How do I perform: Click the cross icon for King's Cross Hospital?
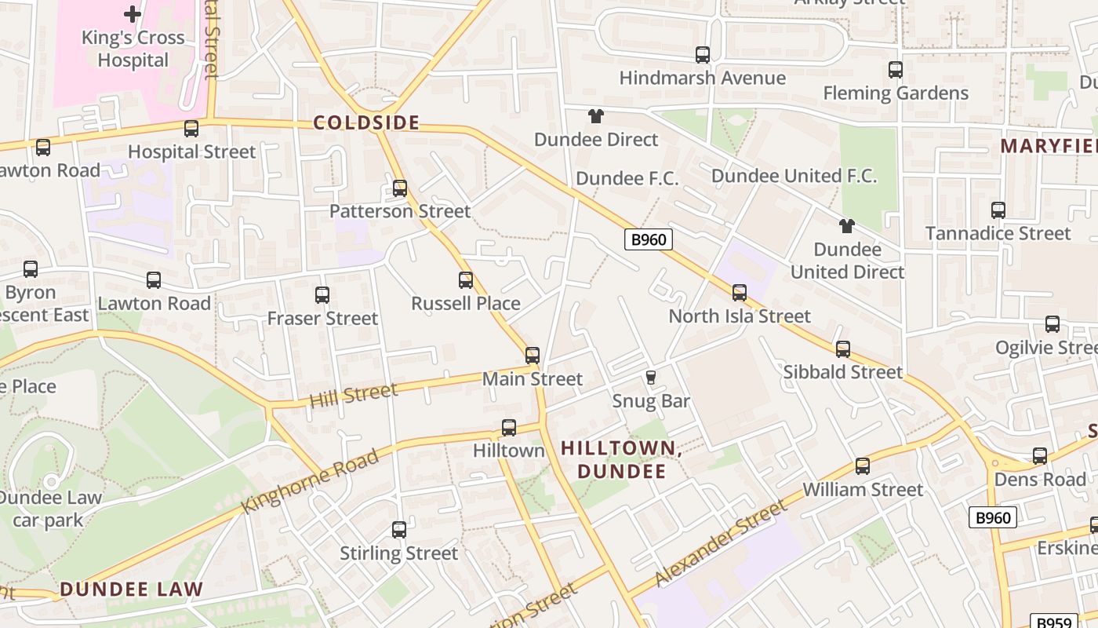pyautogui.click(x=133, y=13)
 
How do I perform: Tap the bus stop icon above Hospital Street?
pyautogui.click(x=191, y=129)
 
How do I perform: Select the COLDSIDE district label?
pyautogui.click(x=366, y=123)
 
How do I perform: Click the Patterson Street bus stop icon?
pyautogui.click(x=400, y=188)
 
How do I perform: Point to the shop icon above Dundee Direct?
pyautogui.click(x=596, y=116)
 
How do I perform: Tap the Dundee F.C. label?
pyautogui.click(x=627, y=179)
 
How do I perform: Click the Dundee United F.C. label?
pyautogui.click(x=794, y=176)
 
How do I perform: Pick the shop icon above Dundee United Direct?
pyautogui.click(x=846, y=226)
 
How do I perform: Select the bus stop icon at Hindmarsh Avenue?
pyautogui.click(x=703, y=55)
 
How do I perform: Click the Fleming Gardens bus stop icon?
pyautogui.click(x=896, y=70)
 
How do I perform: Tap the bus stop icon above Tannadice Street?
pyautogui.click(x=998, y=210)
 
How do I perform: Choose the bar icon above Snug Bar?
pyautogui.click(x=650, y=378)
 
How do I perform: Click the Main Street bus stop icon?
pyautogui.click(x=533, y=356)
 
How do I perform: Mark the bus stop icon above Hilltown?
pyautogui.click(x=509, y=428)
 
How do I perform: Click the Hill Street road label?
pyautogui.click(x=353, y=395)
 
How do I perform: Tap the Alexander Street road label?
pyautogui.click(x=720, y=544)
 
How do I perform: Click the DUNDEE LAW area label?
pyautogui.click(x=131, y=589)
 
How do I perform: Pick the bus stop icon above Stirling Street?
pyautogui.click(x=399, y=530)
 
